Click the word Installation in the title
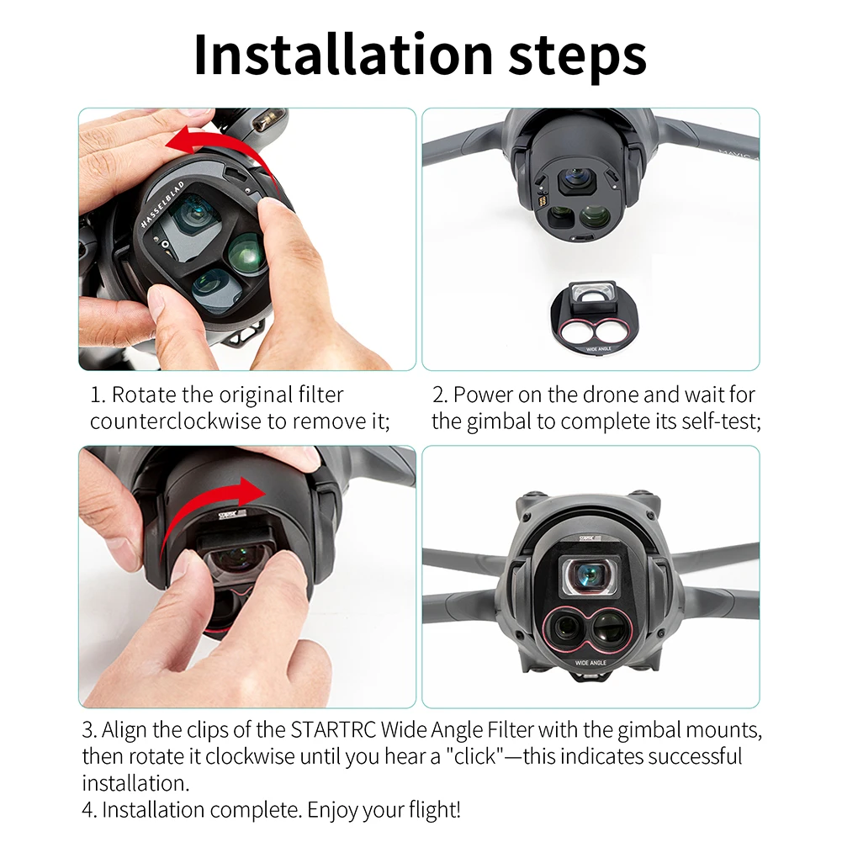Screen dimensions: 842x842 pos(343,55)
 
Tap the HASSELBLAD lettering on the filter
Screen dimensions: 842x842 pos(162,204)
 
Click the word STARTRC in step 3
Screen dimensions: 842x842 pos(333,730)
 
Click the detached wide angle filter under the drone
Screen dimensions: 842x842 pos(590,319)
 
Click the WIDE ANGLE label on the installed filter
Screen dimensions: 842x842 pos(590,663)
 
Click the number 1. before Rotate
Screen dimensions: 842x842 pos(98,395)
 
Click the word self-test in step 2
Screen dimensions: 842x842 pos(722,421)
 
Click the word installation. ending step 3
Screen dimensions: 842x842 pos(136,783)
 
